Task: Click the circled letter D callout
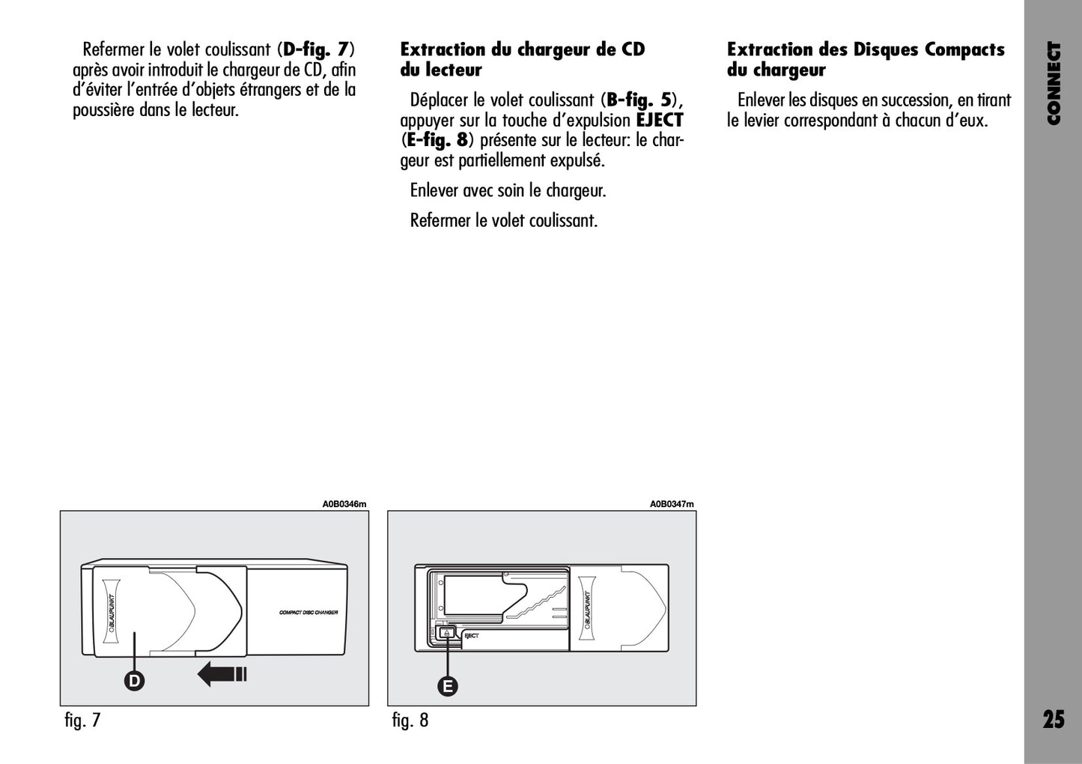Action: click(135, 680)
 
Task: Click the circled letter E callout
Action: click(448, 685)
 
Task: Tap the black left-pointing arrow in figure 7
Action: click(222, 674)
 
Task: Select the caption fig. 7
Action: click(82, 721)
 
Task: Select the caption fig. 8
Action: click(410, 721)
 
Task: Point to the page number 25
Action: click(1053, 720)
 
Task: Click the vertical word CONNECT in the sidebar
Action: click(1054, 82)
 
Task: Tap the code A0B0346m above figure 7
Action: click(344, 504)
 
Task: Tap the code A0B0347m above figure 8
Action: click(672, 504)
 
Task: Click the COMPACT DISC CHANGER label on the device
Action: click(309, 613)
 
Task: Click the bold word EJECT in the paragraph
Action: click(660, 120)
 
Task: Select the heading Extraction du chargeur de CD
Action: click(522, 49)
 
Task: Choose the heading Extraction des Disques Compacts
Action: click(866, 49)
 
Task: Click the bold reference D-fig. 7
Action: click(315, 49)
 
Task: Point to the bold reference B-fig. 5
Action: click(639, 100)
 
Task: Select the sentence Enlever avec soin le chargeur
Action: click(508, 190)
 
